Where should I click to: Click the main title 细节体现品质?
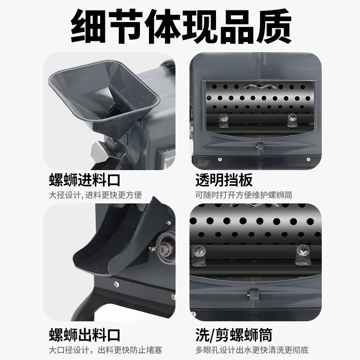[181, 27]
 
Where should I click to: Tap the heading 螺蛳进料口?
[85, 180]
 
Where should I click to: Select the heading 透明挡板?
[224, 180]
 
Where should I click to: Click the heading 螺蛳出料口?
[85, 335]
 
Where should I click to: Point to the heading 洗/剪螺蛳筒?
[234, 335]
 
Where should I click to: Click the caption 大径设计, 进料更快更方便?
[95, 195]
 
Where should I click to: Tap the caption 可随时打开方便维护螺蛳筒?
[243, 195]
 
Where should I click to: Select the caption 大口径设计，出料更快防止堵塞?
[105, 350]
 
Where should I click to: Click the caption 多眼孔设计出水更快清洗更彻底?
[252, 350]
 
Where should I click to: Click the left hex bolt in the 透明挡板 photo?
[223, 118]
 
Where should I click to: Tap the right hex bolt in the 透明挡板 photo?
[292, 117]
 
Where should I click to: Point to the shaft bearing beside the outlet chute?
[165, 248]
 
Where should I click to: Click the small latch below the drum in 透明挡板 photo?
[260, 146]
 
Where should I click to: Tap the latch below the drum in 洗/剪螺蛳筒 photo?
[253, 295]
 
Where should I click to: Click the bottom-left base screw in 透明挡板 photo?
[220, 159]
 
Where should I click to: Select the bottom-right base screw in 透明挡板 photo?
[308, 159]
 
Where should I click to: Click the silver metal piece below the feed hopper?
[98, 152]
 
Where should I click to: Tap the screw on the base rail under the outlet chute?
[117, 284]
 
